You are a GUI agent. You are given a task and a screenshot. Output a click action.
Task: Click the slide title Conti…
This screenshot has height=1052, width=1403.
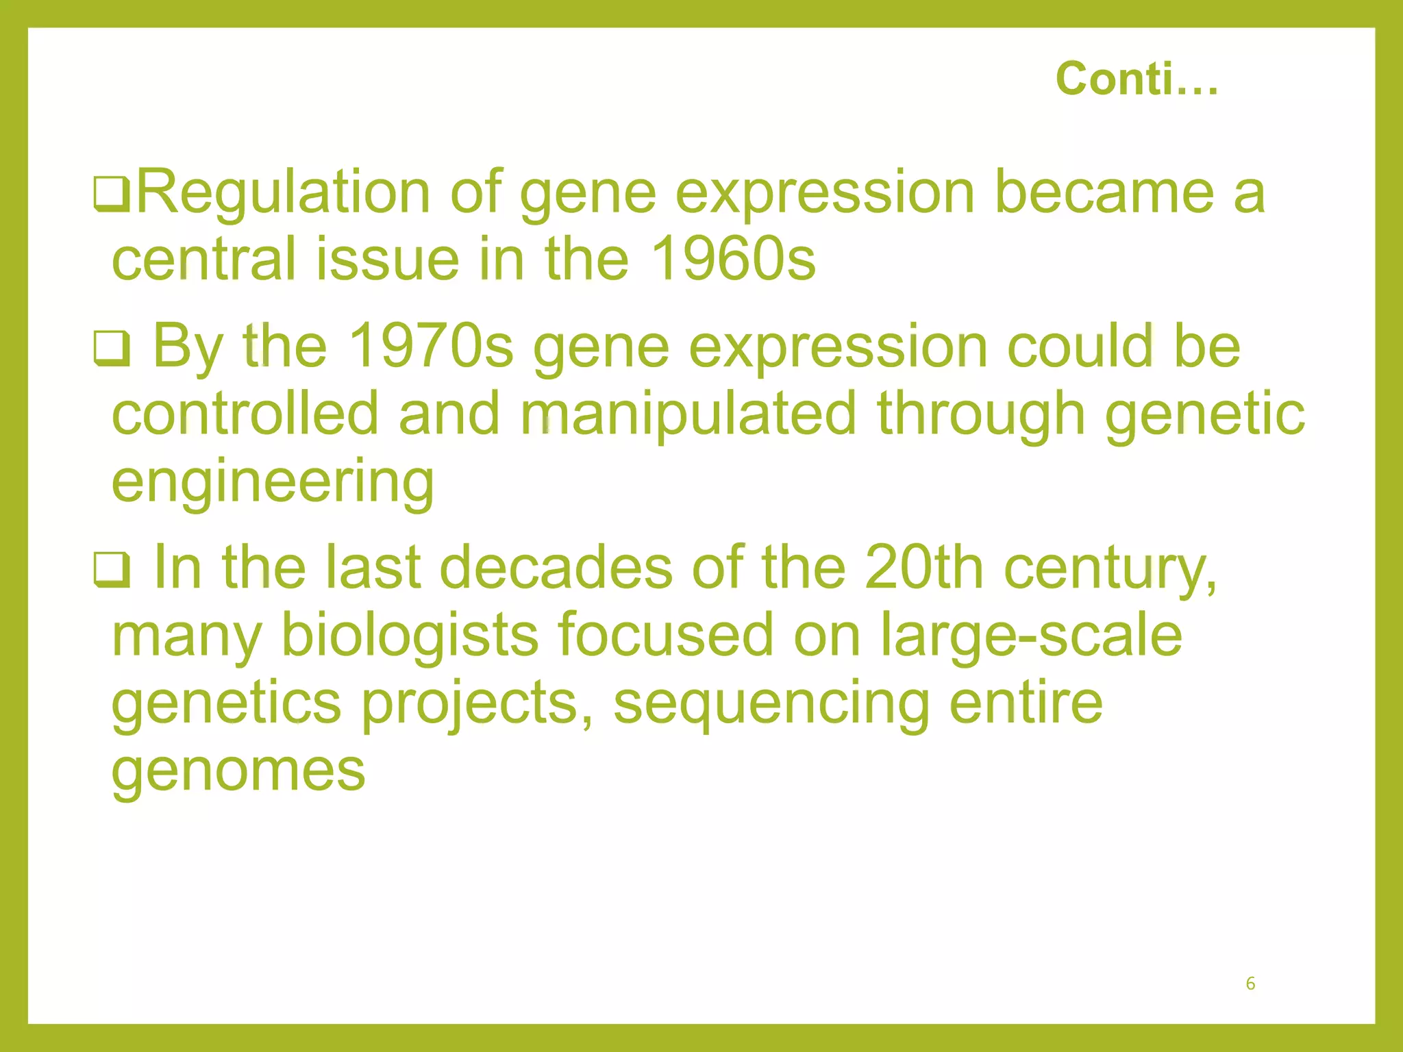coord(1137,79)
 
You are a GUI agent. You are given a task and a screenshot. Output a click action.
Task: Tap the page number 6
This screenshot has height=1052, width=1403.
coord(1250,984)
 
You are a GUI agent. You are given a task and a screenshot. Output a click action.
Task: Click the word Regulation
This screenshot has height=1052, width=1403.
coord(284,193)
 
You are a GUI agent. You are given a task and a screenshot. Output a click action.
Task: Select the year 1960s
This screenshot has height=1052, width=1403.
coord(732,260)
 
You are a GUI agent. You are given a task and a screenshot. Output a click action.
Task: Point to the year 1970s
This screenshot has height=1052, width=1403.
coord(431,346)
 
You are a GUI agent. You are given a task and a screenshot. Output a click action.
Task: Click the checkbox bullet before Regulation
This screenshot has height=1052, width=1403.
coord(111,195)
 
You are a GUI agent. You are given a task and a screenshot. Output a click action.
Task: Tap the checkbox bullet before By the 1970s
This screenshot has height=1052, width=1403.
coord(111,348)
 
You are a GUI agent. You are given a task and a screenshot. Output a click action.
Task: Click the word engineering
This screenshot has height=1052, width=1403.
coord(273,482)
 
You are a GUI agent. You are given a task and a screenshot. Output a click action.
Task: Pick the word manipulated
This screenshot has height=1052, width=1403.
coord(688,414)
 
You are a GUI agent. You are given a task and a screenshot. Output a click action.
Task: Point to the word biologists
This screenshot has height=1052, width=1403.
coord(410,635)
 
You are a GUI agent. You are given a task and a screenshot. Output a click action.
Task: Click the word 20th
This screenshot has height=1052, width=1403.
coord(923,567)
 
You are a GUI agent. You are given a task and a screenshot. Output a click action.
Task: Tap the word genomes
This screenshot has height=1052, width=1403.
coord(238,771)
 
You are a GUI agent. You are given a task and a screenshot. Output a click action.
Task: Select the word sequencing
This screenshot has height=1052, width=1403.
coord(771,703)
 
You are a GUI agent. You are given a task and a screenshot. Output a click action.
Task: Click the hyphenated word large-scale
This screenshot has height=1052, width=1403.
coord(1031,635)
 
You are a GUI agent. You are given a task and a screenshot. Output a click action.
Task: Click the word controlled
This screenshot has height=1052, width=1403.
coord(245,414)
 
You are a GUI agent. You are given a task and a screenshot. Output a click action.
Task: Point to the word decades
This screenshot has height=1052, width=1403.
coord(556,567)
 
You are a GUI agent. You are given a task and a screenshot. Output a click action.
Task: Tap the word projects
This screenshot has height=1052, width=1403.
coord(477,703)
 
